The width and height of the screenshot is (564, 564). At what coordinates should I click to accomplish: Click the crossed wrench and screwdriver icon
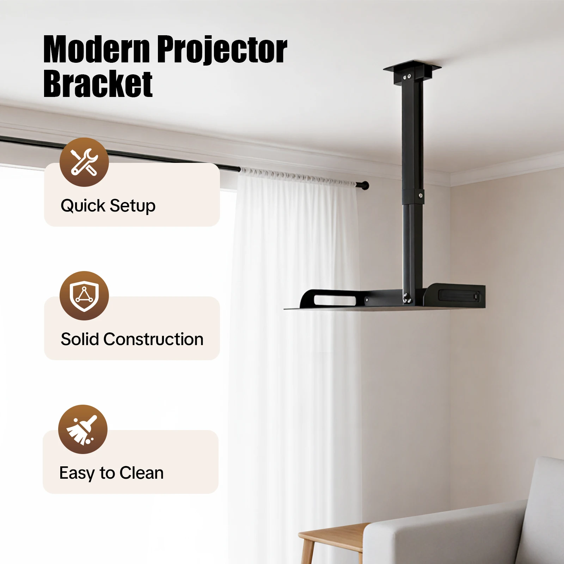coord(84,162)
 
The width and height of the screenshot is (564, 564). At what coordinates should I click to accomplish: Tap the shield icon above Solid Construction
coord(84,296)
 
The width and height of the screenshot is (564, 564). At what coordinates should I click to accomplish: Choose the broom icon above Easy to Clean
coord(82,429)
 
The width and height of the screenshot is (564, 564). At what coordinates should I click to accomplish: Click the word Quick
coord(83,206)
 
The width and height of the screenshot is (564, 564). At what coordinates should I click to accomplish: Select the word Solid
coord(80,339)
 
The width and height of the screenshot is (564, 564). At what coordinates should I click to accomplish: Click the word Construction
coord(153,339)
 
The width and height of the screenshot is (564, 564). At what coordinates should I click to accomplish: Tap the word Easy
coord(78,473)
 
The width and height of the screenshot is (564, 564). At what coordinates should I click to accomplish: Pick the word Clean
coord(142,473)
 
